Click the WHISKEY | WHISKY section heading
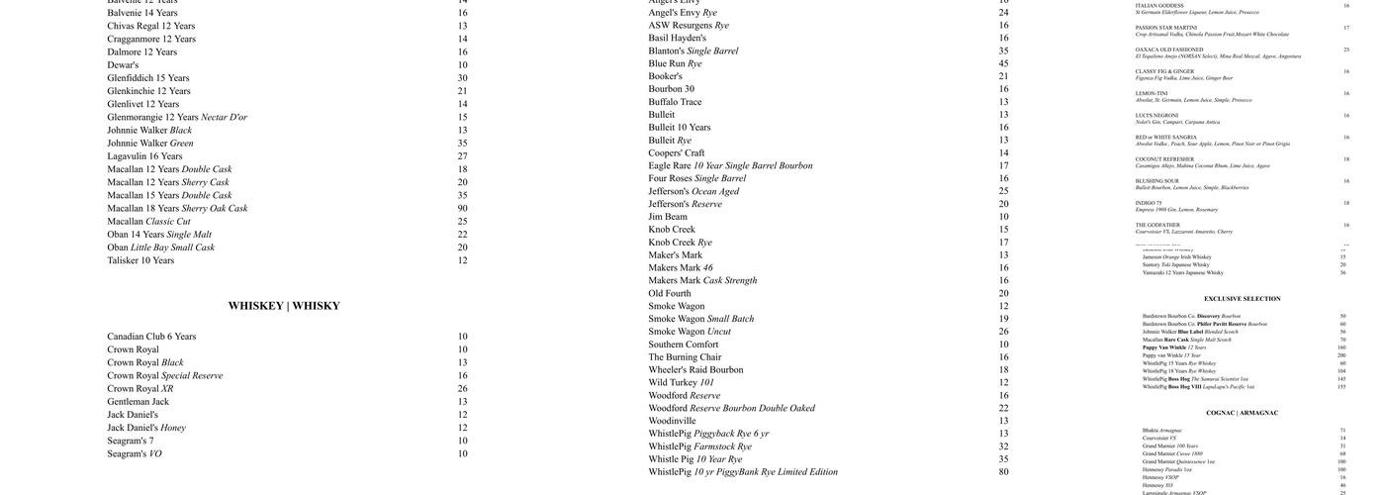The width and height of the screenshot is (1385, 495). point(284,306)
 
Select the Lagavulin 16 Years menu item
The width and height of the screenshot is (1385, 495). point(144,156)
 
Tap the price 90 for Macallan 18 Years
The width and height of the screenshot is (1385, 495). point(462,209)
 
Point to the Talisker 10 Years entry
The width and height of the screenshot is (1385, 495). point(140,260)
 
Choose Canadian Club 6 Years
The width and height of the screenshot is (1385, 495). point(151,337)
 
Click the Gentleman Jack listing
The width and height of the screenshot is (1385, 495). point(138,401)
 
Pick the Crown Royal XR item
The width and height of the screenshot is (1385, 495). point(139,388)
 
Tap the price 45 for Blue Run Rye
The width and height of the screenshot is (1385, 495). point(1003,63)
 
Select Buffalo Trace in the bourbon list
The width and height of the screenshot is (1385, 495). point(675,102)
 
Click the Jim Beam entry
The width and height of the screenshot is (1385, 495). point(668,217)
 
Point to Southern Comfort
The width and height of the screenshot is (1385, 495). point(683,345)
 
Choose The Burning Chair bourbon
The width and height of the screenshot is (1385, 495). point(685,357)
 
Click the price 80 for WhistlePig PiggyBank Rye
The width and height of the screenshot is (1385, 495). point(1003,472)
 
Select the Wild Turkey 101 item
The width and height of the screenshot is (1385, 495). point(681,383)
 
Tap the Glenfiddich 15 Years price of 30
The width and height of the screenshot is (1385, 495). point(462,78)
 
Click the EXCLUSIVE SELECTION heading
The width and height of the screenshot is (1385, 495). point(1242,299)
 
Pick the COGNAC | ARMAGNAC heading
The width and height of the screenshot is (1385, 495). point(1242,413)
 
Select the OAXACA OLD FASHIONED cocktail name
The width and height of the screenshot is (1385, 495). point(1169,49)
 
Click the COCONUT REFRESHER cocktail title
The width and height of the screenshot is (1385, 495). point(1164,159)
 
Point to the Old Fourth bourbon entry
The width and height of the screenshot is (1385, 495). point(670,293)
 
